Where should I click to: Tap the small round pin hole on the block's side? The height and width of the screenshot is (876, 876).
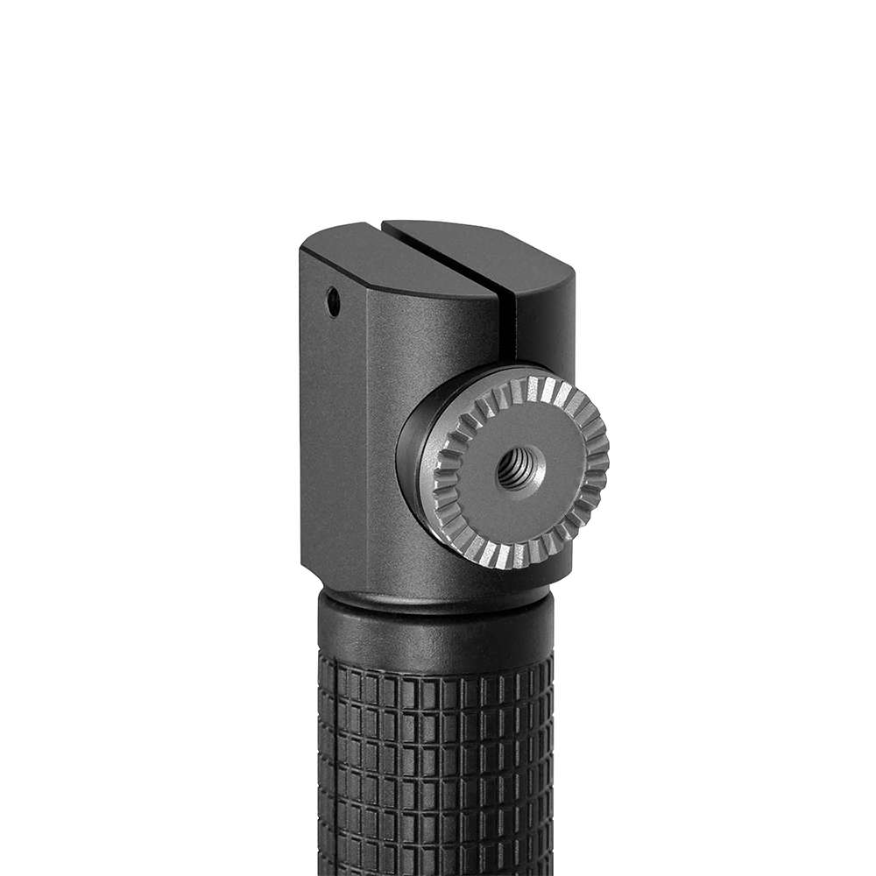pos(334,302)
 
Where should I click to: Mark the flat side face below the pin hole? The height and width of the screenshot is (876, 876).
pos(333,438)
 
